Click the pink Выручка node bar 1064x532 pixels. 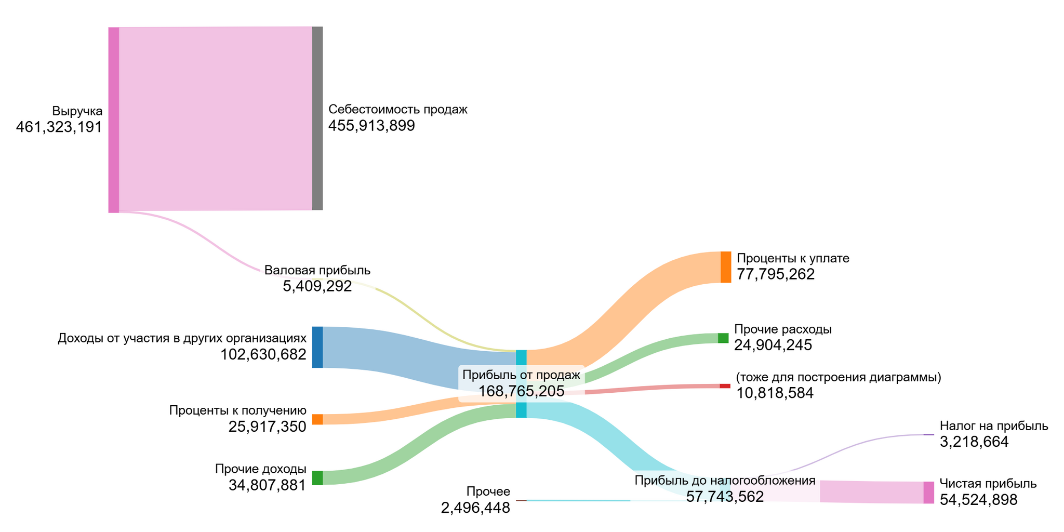coord(113,119)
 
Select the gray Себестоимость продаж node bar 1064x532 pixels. coord(317,118)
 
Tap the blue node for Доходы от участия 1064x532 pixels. coord(317,347)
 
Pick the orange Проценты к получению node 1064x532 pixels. coord(317,419)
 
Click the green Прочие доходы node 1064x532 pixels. coord(317,477)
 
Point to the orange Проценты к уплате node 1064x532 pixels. coord(725,267)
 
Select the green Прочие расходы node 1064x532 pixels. coord(723,338)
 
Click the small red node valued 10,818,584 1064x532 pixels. coord(724,386)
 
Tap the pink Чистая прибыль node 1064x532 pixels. coord(928,493)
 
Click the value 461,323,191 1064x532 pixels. coord(59,127)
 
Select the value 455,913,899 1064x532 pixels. coord(371,126)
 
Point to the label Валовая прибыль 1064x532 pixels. coord(317,270)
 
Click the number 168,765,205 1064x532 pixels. coord(521,391)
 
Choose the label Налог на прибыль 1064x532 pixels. coord(993,426)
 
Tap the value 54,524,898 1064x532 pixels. coord(978,500)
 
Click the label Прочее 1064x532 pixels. coord(488,491)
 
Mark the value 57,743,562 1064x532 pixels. coord(725,497)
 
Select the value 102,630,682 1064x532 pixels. coord(263,354)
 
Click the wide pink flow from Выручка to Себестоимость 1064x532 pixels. coord(215,118)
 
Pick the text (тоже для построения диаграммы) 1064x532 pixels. coord(838,377)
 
